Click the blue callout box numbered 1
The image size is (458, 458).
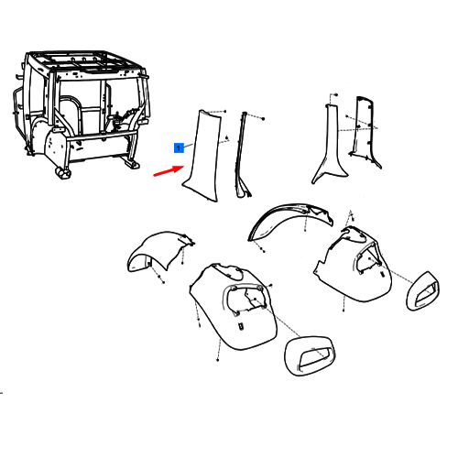pos(179,147)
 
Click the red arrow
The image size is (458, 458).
pos(169,171)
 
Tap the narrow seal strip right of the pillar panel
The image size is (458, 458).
pos(243,156)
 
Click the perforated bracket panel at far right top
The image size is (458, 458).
pos(365,131)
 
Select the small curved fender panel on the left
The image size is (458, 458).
pos(158,249)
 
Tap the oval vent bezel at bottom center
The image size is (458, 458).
pos(310,356)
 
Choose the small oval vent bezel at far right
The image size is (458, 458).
pos(422,290)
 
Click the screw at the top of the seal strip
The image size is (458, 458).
pos(263,118)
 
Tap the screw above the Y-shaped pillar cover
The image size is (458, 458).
pos(336,95)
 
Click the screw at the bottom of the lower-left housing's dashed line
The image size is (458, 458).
pos(217,360)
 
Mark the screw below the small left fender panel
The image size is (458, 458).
pos(163,283)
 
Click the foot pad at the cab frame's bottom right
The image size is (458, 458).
pos(132,164)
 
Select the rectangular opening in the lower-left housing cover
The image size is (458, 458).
pos(241,326)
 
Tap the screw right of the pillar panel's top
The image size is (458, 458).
pos(225,111)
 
